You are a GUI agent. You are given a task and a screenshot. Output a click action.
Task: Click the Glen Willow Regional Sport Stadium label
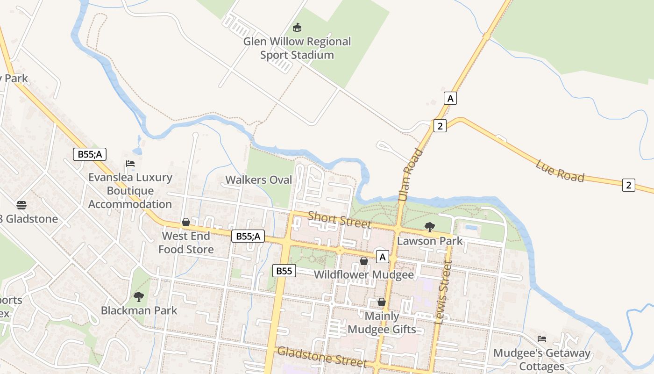pyautogui.click(x=297, y=48)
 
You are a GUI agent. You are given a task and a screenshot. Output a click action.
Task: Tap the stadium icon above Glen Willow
pyautogui.click(x=297, y=28)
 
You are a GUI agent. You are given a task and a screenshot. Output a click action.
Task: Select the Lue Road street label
pyautogui.click(x=560, y=171)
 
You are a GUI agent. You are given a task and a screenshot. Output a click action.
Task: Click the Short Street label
pyautogui.click(x=339, y=220)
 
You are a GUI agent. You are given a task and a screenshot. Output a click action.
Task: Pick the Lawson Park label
pyautogui.click(x=430, y=241)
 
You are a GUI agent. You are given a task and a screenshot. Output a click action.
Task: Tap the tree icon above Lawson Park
pyautogui.click(x=429, y=228)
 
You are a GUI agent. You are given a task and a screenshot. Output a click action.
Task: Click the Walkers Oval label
pyautogui.click(x=258, y=180)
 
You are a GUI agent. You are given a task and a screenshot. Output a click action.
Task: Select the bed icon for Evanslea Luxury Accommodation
pyautogui.click(x=130, y=164)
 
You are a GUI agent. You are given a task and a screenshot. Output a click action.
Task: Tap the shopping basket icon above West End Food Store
pyautogui.click(x=186, y=222)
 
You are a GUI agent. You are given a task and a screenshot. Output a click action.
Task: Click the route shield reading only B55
pyautogui.click(x=284, y=271)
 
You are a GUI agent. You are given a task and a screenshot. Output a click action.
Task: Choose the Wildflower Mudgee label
pyautogui.click(x=364, y=274)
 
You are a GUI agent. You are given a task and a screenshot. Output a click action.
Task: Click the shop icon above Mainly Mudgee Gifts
pyautogui.click(x=382, y=302)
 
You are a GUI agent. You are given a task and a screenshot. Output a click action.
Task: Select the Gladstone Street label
pyautogui.click(x=322, y=356)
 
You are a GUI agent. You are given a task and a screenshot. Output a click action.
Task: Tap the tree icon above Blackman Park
pyautogui.click(x=139, y=296)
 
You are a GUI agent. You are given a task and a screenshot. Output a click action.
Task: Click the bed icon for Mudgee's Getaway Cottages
pyautogui.click(x=542, y=338)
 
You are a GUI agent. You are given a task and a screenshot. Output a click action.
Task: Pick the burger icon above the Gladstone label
pyautogui.click(x=21, y=205)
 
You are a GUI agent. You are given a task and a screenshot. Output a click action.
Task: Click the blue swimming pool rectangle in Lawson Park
pyautogui.click(x=471, y=228)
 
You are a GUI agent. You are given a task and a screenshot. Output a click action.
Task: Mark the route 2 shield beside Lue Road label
pyautogui.click(x=628, y=185)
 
